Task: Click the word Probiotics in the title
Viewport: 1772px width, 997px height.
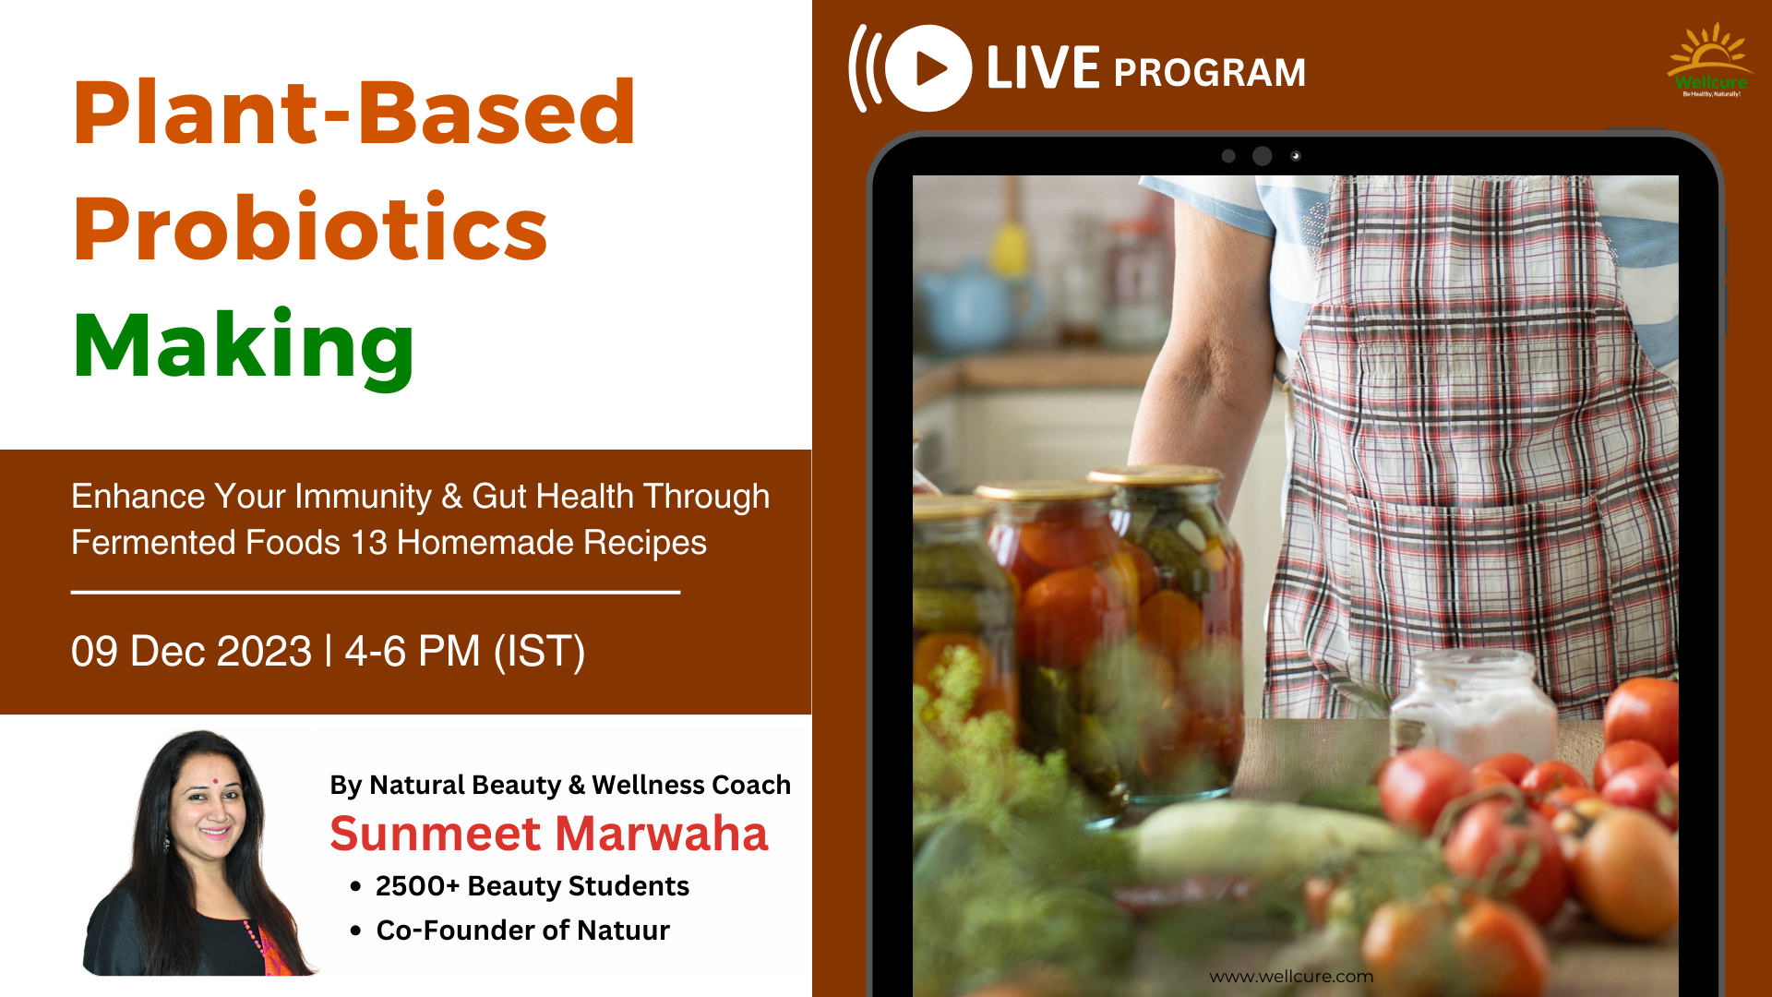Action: click(311, 228)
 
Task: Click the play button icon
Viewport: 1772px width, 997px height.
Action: click(928, 68)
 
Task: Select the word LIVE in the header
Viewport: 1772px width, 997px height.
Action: click(1043, 68)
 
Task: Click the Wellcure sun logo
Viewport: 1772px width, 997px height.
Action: click(1710, 60)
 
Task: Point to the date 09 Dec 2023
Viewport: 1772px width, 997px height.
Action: click(192, 651)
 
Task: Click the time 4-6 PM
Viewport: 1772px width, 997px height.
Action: click(413, 651)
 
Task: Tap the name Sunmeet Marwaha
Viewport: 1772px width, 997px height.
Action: click(549, 834)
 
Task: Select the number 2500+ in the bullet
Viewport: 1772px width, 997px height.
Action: click(417, 886)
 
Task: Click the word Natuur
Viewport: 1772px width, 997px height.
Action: click(623, 931)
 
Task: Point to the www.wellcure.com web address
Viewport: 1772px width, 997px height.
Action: click(1291, 977)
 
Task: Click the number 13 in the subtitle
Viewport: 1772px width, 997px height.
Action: click(369, 543)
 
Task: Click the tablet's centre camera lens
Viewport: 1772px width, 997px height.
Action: click(1262, 156)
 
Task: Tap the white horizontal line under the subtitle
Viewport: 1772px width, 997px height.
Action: click(376, 592)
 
